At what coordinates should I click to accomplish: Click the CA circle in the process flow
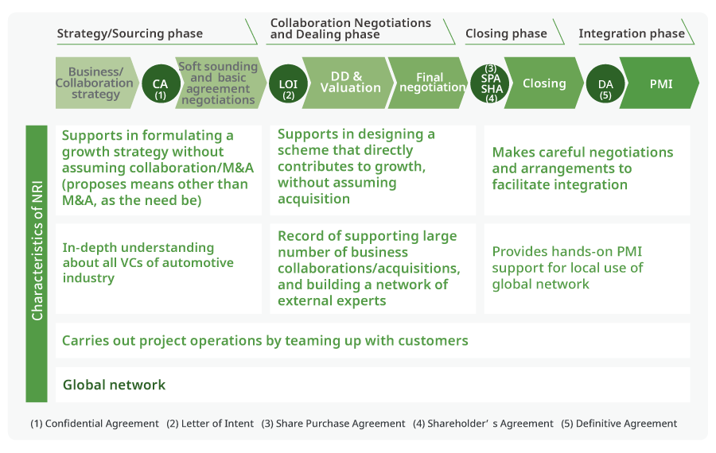point(160,83)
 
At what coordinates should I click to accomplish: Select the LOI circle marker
point(288,83)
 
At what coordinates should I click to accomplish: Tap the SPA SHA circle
point(492,83)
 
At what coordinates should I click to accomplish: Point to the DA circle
point(605,83)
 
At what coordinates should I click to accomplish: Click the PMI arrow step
point(661,83)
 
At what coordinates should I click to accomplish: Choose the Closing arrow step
point(545,83)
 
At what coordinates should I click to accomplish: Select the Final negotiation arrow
point(430,83)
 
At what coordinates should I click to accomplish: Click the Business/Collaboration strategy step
point(95,83)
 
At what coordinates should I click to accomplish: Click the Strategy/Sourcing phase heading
point(130,33)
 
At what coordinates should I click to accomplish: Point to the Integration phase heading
point(632,33)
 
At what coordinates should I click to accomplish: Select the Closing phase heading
point(506,33)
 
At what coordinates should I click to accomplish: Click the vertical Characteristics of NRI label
point(37,263)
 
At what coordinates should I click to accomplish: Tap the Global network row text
point(115,385)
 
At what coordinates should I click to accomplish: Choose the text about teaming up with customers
point(265,341)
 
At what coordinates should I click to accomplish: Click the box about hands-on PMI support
point(586,268)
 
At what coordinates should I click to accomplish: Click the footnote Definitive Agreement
point(619,424)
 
